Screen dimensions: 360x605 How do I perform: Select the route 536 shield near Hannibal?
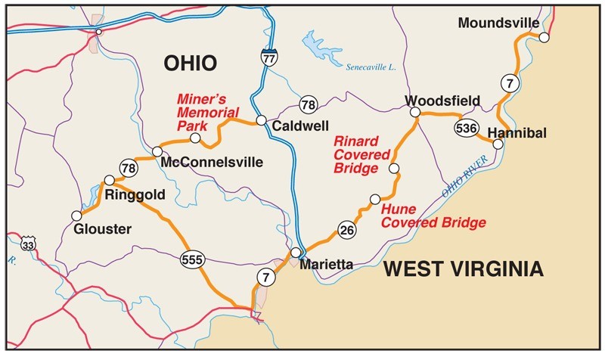tap(466, 128)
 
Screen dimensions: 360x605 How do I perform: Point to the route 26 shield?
tap(346, 231)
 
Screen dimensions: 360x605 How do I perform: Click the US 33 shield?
tap(28, 244)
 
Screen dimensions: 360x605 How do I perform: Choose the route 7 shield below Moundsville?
tap(510, 83)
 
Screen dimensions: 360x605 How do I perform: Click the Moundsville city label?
tap(498, 23)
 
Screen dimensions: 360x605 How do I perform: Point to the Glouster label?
tap(102, 229)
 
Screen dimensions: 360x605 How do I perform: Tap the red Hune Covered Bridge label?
tap(432, 216)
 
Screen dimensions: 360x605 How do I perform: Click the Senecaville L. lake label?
tap(371, 67)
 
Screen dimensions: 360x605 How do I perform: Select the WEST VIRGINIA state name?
tap(462, 268)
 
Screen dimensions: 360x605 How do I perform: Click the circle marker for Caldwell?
tap(260, 120)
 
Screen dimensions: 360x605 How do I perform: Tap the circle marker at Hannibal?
tap(497, 143)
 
